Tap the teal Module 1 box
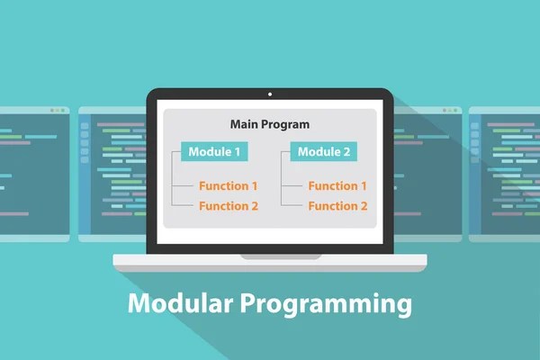214,151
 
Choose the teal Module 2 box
324,151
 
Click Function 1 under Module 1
229,186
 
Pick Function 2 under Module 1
229,206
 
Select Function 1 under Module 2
338,186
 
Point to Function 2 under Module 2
338,206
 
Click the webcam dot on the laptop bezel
270,94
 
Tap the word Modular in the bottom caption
181,304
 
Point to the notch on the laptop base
270,257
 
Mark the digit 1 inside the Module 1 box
236,151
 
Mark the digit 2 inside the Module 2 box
346,151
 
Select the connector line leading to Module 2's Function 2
292,206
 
